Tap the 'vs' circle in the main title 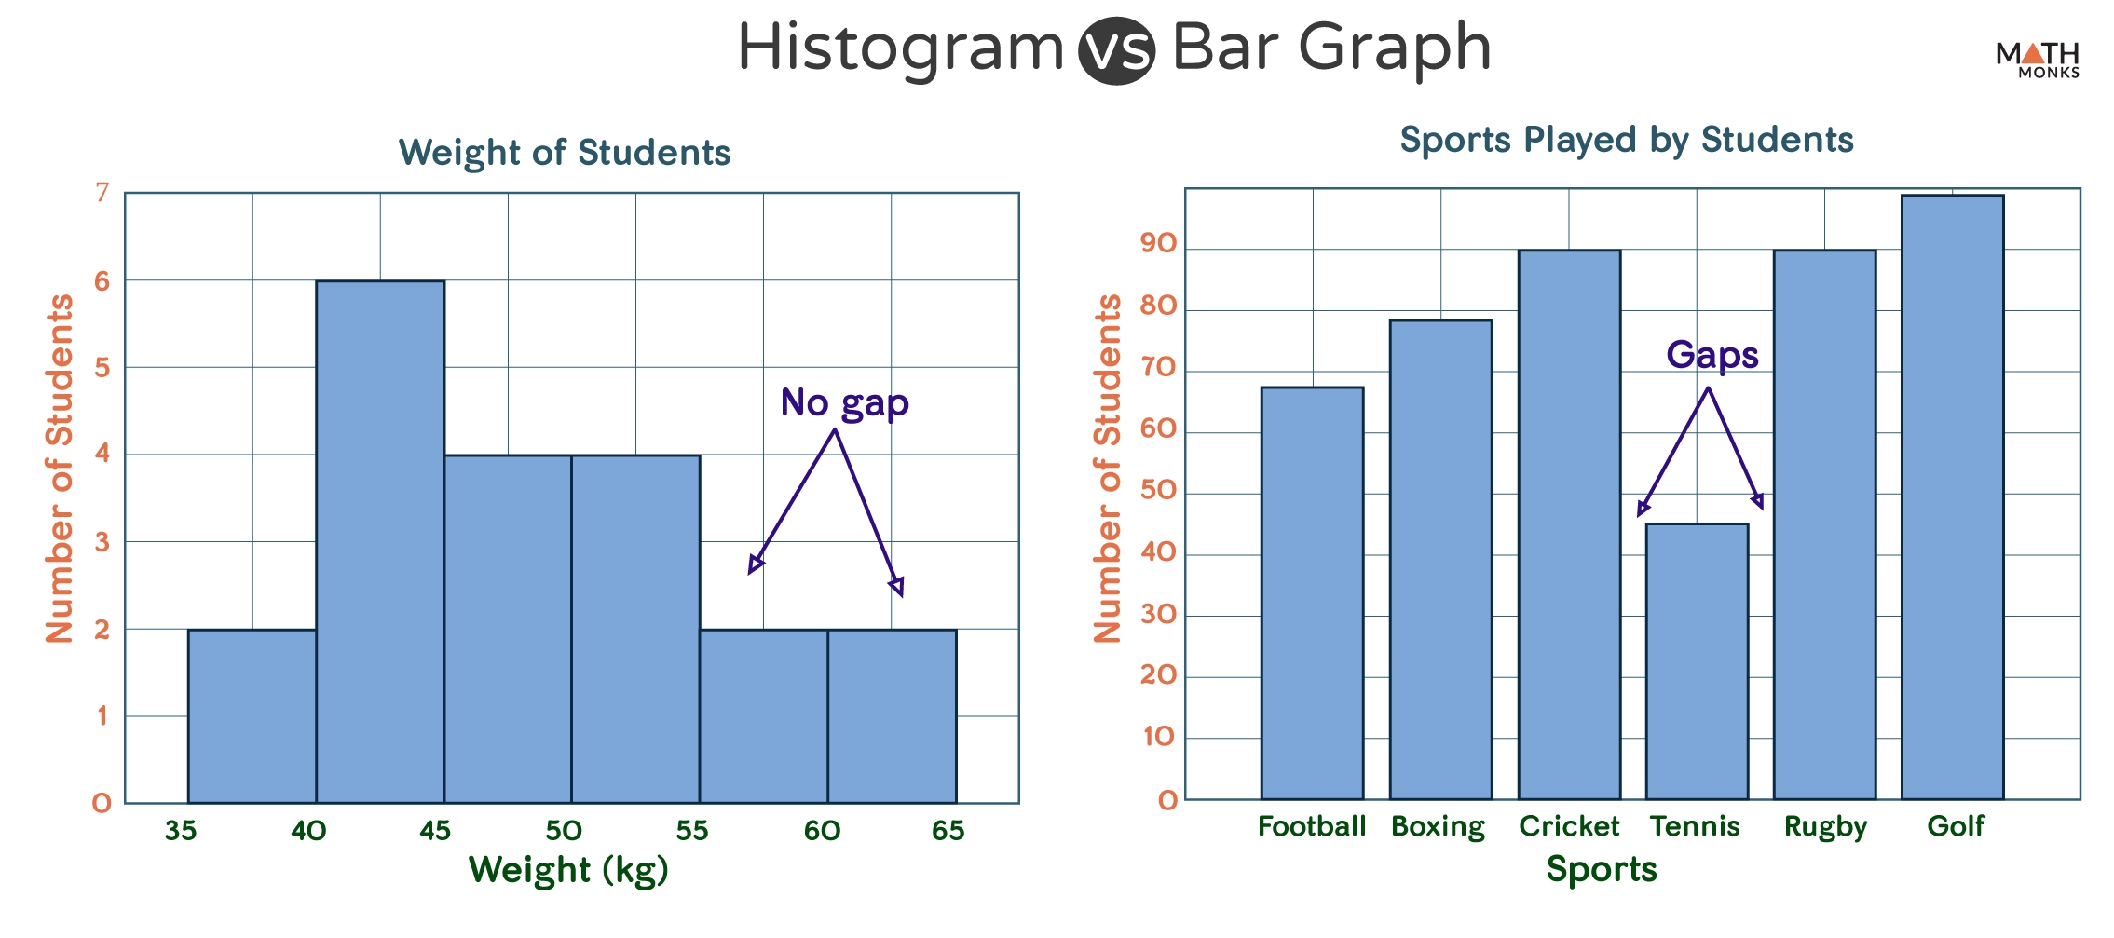point(1116,50)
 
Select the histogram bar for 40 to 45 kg point(380,540)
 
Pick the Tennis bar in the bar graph point(1697,661)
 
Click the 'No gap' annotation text point(844,403)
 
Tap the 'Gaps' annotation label point(1712,355)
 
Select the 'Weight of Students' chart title point(564,153)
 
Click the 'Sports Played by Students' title point(1626,140)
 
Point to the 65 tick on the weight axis point(948,830)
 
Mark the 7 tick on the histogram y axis point(102,193)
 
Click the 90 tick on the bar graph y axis point(1158,243)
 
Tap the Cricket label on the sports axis point(1569,826)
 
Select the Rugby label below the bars point(1825,827)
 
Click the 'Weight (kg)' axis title point(568,870)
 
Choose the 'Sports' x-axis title point(1602,869)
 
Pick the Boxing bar point(1440,559)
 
